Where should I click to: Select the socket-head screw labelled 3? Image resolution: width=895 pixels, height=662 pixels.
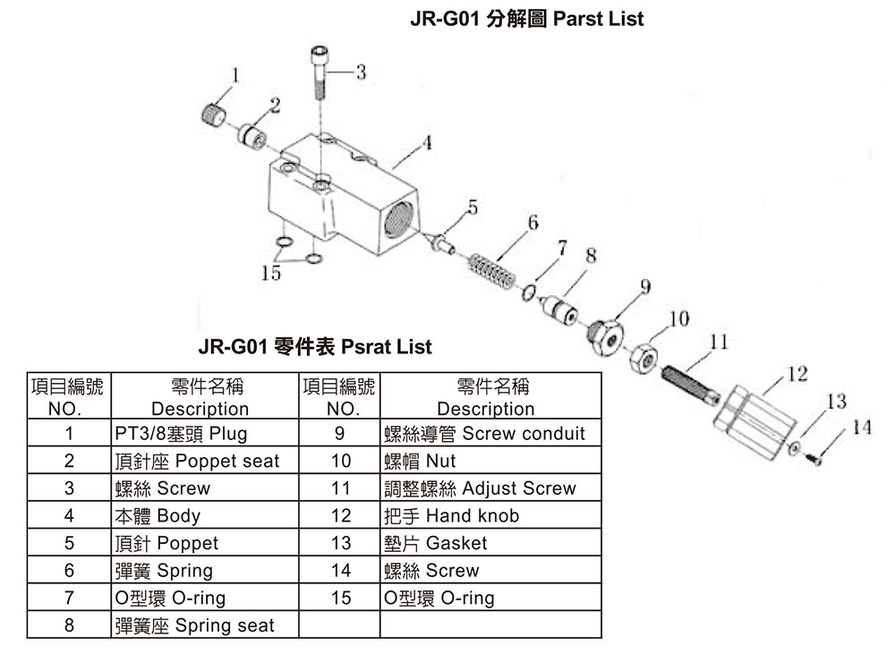click(x=320, y=72)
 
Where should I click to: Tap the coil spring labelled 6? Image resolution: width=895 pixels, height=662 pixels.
click(x=491, y=271)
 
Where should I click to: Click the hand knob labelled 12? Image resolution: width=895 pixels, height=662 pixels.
click(x=754, y=422)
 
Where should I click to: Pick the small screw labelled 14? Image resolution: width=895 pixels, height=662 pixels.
click(x=814, y=457)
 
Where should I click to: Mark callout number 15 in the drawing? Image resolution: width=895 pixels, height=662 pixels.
click(x=271, y=273)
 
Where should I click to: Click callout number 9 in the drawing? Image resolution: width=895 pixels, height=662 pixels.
click(x=645, y=285)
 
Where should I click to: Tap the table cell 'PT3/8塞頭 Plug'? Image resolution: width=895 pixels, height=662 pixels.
click(x=205, y=433)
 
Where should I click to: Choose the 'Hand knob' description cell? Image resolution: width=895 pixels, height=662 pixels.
click(x=490, y=515)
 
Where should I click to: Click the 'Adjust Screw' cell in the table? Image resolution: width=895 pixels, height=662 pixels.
click(x=490, y=488)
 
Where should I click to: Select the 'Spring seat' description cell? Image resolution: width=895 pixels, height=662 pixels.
click(x=205, y=625)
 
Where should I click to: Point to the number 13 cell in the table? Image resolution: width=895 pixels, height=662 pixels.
click(x=339, y=543)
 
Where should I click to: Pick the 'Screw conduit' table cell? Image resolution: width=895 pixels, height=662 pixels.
click(x=490, y=433)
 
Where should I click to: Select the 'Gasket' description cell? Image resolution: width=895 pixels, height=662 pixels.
click(x=490, y=543)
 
